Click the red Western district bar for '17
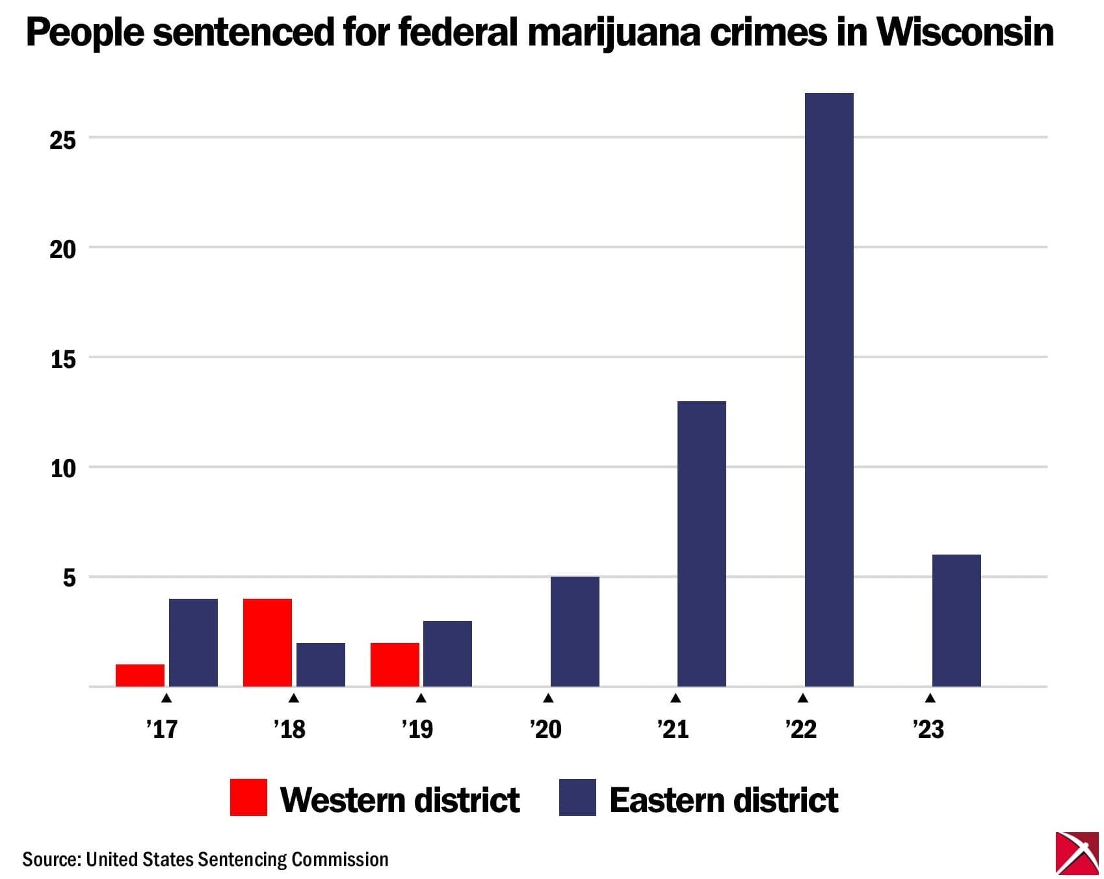(140, 675)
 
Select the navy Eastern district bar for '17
(193, 642)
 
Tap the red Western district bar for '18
(267, 642)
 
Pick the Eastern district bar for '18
(321, 664)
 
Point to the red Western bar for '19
(395, 664)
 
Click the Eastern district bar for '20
(575, 631)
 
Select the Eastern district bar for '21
(702, 544)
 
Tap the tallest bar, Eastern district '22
(829, 390)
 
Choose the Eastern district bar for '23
(956, 620)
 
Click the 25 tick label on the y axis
(63, 140)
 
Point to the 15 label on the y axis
(63, 359)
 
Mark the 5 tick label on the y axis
(69, 578)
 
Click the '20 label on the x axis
(545, 729)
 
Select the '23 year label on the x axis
(928, 729)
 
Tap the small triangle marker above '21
(676, 698)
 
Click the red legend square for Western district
(248, 797)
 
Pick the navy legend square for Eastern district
(577, 797)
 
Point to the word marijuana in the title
(614, 33)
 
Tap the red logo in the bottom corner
(1077, 852)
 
